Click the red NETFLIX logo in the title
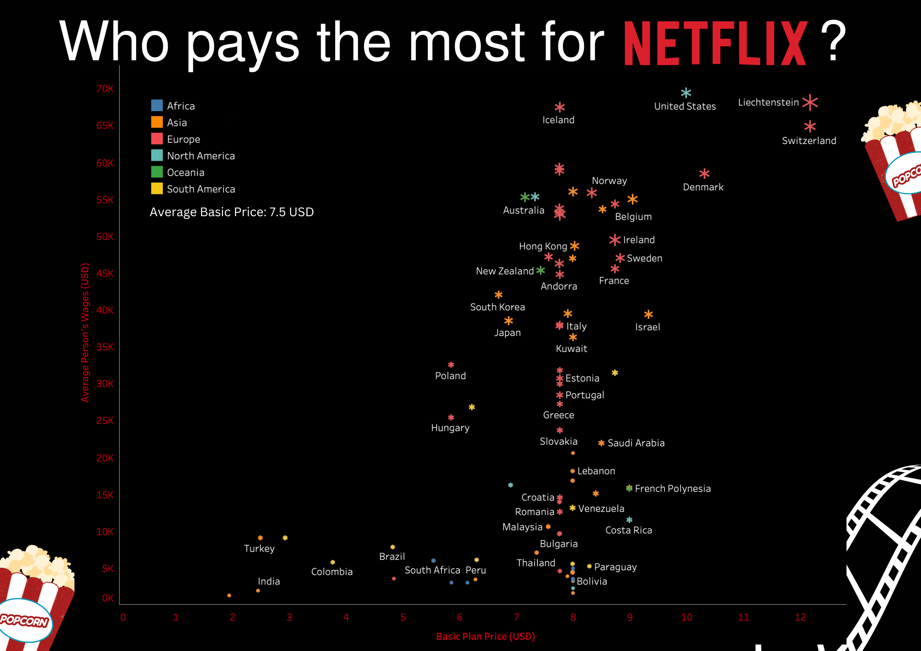click(715, 43)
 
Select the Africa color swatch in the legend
click(157, 105)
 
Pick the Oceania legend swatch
click(157, 172)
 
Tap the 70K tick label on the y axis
click(105, 89)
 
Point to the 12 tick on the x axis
click(800, 617)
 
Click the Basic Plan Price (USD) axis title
click(485, 636)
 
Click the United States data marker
click(686, 93)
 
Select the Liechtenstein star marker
click(810, 102)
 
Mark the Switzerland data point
click(810, 126)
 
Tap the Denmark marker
click(704, 174)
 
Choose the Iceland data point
click(560, 107)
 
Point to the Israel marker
click(648, 314)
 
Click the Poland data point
click(451, 365)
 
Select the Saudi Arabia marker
click(601, 443)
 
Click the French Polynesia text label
click(672, 489)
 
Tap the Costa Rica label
click(628, 530)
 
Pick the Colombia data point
click(333, 562)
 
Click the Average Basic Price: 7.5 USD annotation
click(231, 212)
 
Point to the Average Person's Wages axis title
click(85, 332)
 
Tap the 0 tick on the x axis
click(123, 617)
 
